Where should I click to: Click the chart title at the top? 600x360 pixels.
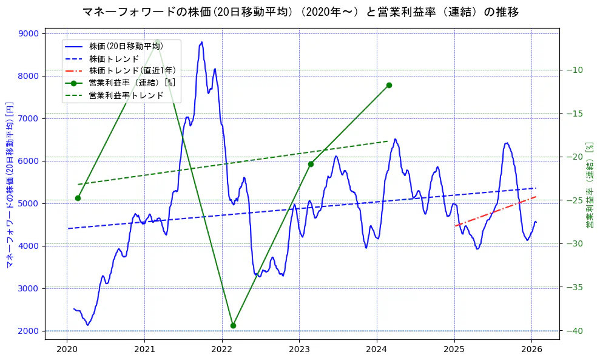point(300,12)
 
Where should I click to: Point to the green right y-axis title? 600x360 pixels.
point(589,185)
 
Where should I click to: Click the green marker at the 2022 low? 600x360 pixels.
point(233,325)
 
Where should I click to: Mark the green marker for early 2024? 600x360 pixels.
point(389,85)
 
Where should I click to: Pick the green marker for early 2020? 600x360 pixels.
point(78,198)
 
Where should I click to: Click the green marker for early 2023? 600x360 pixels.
point(311,164)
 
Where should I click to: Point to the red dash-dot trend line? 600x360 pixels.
point(494,211)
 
